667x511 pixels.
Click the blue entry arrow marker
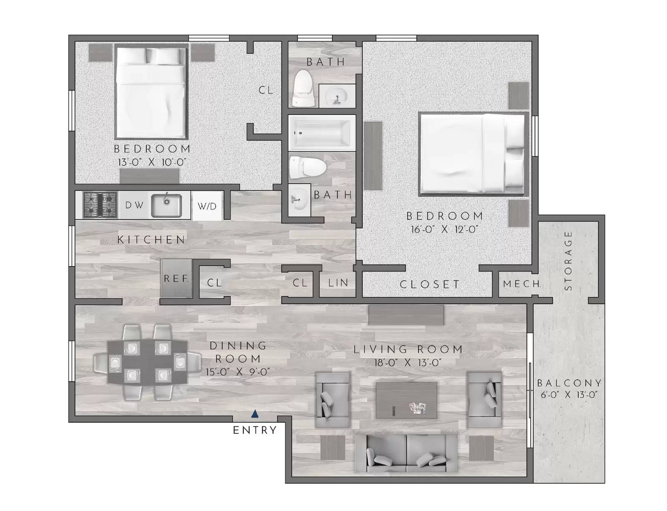tap(255, 414)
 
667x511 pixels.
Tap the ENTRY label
tap(255, 430)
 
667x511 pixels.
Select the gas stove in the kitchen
tap(100, 205)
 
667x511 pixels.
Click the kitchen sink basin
tap(166, 205)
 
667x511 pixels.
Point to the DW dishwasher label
tap(134, 205)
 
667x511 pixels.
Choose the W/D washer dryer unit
tap(207, 206)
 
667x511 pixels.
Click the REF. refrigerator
tap(176, 278)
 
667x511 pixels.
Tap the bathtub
tap(322, 133)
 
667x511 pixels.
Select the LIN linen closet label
tap(338, 283)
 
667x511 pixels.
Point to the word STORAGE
tap(568, 260)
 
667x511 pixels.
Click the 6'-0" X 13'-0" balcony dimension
tap(569, 395)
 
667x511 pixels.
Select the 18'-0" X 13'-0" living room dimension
tap(408, 363)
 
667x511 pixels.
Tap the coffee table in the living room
tap(406, 400)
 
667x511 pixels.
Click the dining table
tap(148, 362)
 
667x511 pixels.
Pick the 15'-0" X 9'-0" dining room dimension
tap(238, 372)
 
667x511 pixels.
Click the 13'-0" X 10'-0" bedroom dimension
tap(152, 162)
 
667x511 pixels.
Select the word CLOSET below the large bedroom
tap(429, 284)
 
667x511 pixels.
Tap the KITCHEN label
tap(151, 240)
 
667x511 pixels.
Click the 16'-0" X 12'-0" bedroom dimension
tap(444, 229)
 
